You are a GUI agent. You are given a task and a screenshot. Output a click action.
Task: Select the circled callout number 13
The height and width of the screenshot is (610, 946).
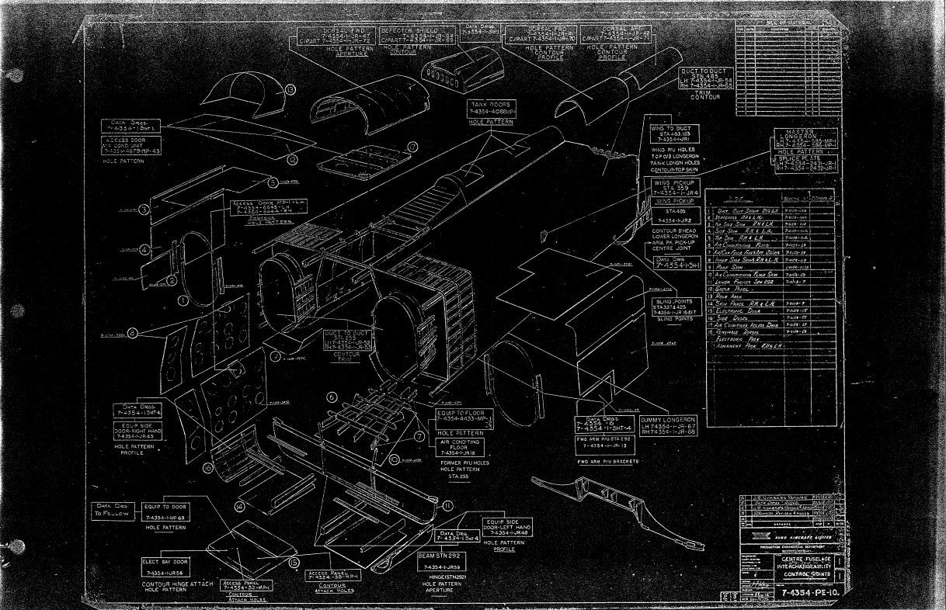[x=290, y=90]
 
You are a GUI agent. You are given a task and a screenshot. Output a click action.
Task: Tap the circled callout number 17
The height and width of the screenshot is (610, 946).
[x=412, y=146]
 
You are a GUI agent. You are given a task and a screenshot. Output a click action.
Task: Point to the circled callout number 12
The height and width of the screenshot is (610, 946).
[x=293, y=160]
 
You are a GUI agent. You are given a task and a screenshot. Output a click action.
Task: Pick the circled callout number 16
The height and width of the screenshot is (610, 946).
[x=207, y=468]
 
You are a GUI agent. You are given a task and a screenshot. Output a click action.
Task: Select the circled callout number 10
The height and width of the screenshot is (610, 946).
[x=396, y=459]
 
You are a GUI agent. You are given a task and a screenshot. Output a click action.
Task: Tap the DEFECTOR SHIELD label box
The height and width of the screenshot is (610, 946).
[x=409, y=34]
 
